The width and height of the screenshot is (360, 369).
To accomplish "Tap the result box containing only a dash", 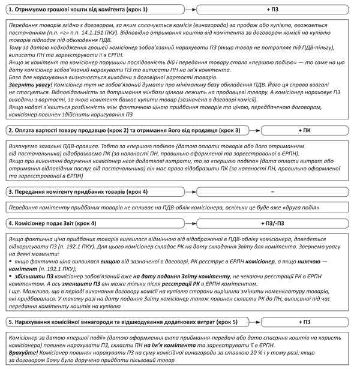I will [x=273, y=191].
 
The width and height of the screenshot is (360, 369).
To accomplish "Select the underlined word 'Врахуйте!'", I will [x=23, y=353].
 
